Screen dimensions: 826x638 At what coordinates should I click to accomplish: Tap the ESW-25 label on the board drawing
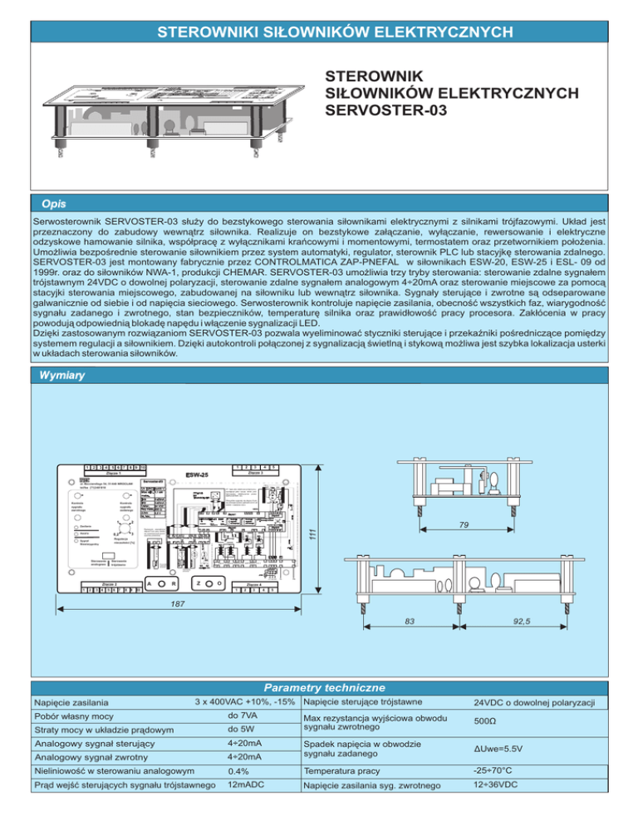tap(197, 475)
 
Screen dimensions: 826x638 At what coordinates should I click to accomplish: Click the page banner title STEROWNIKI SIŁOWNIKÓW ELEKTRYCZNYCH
tap(318, 32)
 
